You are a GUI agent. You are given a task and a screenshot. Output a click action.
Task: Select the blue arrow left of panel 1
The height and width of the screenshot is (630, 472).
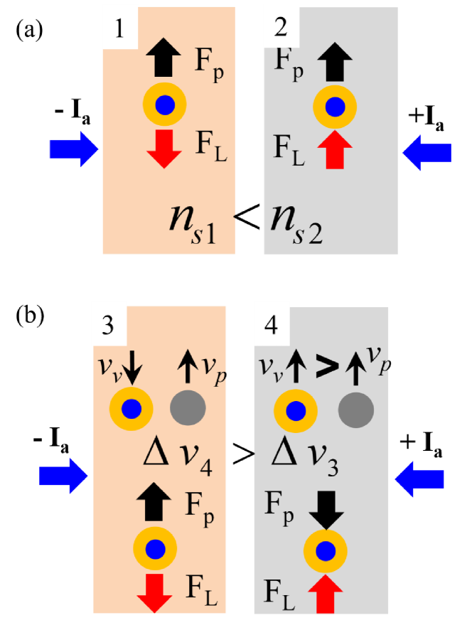(x=74, y=149)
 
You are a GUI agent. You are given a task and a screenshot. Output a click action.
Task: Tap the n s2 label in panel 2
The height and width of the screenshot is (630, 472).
(x=297, y=224)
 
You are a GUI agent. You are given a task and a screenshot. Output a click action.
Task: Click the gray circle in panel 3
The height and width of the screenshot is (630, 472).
(x=188, y=408)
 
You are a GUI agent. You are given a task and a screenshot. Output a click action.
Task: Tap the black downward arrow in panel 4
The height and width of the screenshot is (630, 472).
(x=326, y=509)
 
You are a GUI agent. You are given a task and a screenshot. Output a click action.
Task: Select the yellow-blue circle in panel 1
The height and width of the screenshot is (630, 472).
(x=164, y=105)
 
